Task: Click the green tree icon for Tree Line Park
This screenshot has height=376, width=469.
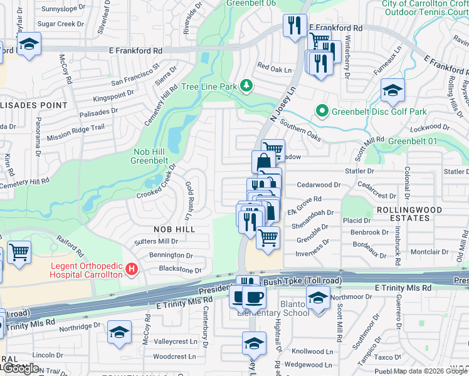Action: click(x=247, y=85)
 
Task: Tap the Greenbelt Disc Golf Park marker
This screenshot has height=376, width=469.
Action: click(x=322, y=112)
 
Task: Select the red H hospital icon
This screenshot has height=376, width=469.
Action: click(x=132, y=269)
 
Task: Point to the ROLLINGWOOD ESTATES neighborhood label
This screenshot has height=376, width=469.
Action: click(x=409, y=214)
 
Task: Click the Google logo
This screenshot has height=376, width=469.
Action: click(x=20, y=368)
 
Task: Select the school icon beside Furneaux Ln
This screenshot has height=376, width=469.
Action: click(x=393, y=92)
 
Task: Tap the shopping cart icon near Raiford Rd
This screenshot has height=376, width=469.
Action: click(x=19, y=252)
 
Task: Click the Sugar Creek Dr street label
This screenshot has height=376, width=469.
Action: click(x=60, y=24)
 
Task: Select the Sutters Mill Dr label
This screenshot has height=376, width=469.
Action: click(x=155, y=241)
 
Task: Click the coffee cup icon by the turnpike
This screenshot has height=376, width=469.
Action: click(x=253, y=297)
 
